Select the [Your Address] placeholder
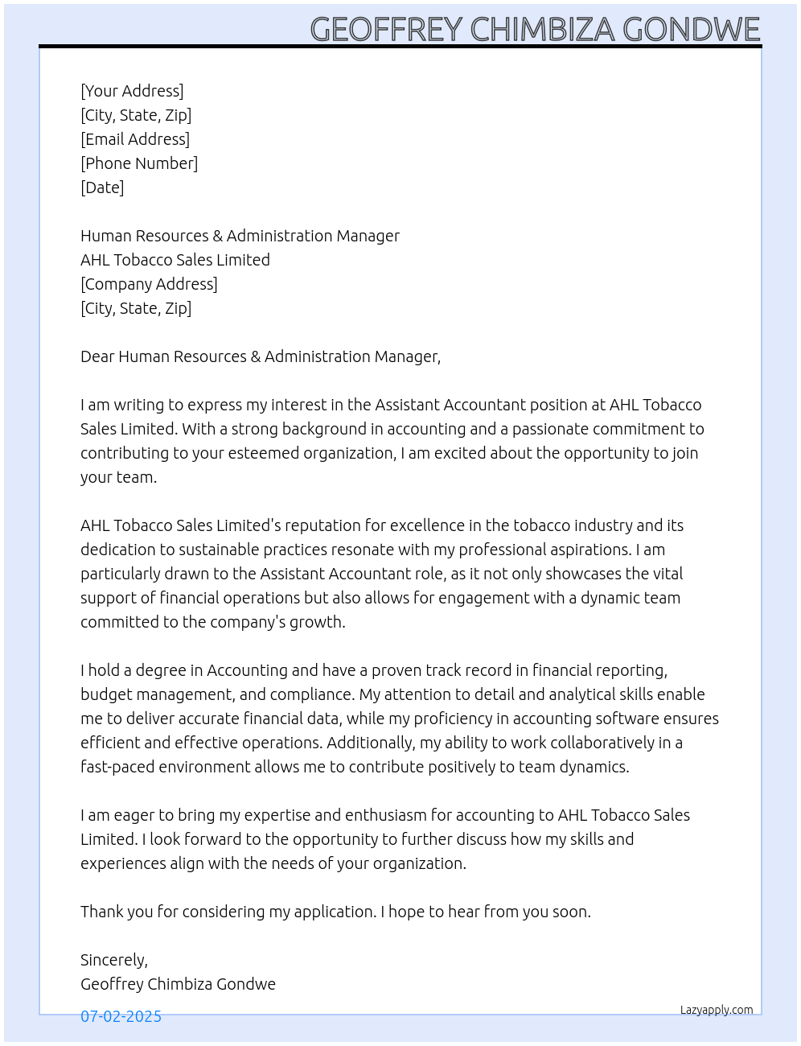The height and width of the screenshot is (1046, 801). click(x=132, y=91)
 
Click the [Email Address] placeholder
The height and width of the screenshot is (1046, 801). click(x=135, y=139)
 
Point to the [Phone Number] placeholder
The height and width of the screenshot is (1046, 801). click(x=139, y=163)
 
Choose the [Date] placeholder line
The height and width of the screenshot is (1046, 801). click(x=102, y=187)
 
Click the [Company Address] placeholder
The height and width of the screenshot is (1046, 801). click(x=149, y=284)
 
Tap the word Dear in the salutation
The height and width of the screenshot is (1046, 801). click(x=97, y=356)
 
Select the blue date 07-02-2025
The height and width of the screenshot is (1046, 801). click(x=121, y=1016)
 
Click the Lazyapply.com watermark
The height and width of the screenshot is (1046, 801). click(x=717, y=1010)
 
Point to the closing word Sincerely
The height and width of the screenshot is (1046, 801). click(x=113, y=960)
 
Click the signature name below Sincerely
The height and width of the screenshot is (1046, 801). click(x=178, y=984)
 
